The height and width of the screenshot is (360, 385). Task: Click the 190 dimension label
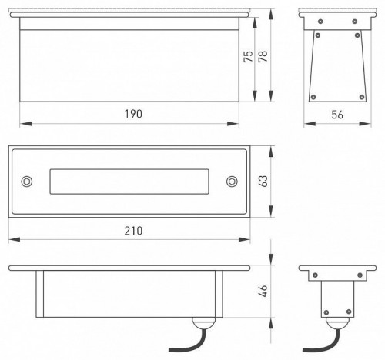[133, 114]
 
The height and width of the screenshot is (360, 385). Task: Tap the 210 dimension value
[133, 231]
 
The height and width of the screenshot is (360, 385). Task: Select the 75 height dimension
[248, 56]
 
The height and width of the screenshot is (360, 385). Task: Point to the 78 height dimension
[263, 56]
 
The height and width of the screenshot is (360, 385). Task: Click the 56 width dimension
[337, 115]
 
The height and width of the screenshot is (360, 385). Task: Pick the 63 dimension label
[263, 181]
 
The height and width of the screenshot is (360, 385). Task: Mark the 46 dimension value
[263, 291]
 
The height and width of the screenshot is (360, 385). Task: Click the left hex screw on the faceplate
[27, 182]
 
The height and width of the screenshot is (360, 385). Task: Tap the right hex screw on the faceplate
[232, 182]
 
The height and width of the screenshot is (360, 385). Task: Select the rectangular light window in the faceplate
[129, 182]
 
